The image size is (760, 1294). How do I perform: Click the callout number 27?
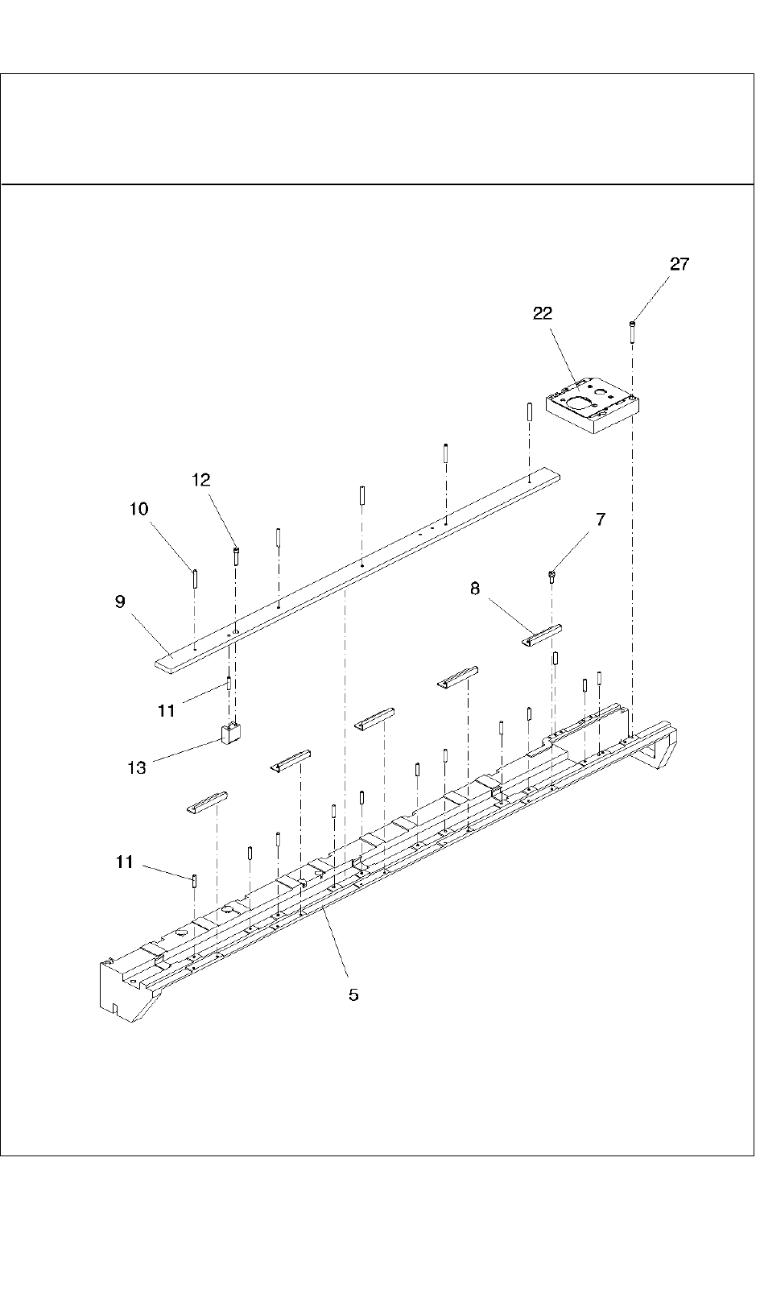[679, 265]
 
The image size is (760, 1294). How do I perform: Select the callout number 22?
[543, 314]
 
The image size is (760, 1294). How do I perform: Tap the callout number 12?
[200, 480]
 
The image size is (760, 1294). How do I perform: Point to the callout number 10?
[138, 509]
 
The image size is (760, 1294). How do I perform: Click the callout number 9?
[120, 602]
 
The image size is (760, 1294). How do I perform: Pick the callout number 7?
[600, 519]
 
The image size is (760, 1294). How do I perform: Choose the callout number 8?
[475, 589]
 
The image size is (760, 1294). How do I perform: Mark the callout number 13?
[137, 767]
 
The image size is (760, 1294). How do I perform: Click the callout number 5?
[353, 994]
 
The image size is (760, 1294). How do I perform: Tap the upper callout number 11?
[166, 710]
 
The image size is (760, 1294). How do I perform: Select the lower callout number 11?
[124, 862]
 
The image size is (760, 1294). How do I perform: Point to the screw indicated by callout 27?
[633, 331]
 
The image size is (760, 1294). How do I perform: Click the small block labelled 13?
[231, 734]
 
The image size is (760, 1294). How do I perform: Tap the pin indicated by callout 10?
[195, 579]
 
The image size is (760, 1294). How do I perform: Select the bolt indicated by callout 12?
[236, 556]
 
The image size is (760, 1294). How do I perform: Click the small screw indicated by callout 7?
[551, 575]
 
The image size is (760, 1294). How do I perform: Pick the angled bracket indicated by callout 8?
[539, 635]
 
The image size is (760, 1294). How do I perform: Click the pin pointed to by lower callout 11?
[195, 879]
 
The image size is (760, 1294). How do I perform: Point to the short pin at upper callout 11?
[229, 684]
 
